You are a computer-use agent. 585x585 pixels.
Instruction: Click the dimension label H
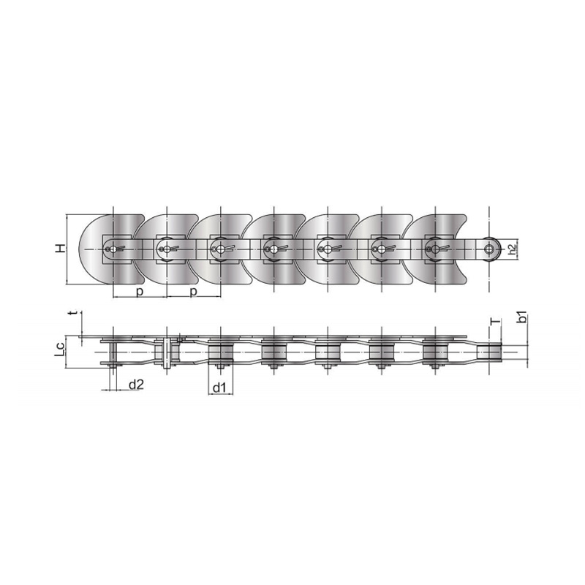(x=61, y=249)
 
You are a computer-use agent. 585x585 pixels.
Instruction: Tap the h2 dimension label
(x=513, y=249)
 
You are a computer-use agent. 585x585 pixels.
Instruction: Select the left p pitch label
(x=140, y=292)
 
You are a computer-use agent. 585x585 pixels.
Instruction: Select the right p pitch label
(x=193, y=292)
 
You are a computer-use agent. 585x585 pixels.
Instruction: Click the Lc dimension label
(x=60, y=350)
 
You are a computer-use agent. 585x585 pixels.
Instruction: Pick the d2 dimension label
(x=136, y=385)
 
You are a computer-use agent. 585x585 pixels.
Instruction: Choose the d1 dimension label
(x=219, y=388)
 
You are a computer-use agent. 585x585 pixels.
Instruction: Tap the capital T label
(x=495, y=322)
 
